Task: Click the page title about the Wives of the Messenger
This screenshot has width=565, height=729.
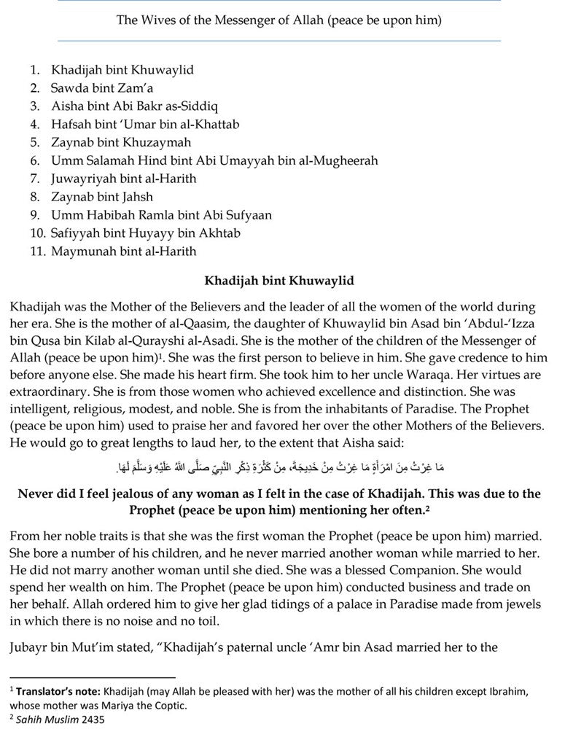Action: [x=279, y=20]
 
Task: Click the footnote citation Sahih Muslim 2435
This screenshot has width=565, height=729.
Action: [x=61, y=717]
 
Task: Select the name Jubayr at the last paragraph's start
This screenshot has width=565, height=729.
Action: [x=31, y=645]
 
